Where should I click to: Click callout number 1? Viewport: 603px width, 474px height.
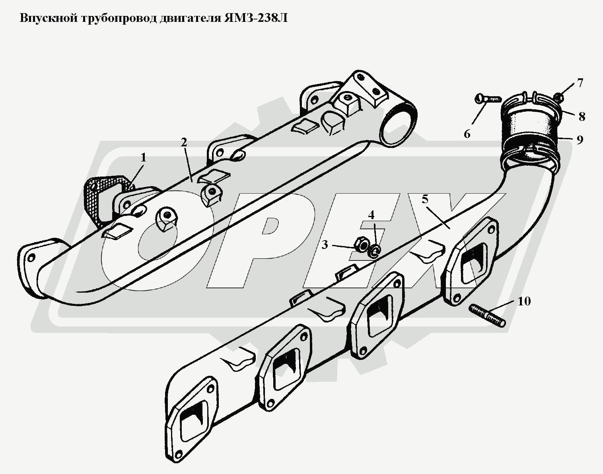[x=143, y=158]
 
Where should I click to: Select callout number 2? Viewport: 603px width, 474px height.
[x=183, y=142]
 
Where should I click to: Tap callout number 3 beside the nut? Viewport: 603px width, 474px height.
[x=325, y=245]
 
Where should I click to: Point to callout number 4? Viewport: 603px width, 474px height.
[x=371, y=215]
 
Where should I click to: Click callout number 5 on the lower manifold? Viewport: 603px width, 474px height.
[x=425, y=199]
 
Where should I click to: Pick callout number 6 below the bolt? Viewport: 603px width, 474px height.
[x=467, y=134]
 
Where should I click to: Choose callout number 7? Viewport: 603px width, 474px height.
[x=580, y=83]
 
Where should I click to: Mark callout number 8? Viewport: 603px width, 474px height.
[x=582, y=117]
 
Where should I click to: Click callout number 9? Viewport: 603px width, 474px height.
[x=580, y=140]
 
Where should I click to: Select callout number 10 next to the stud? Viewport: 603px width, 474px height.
[x=524, y=301]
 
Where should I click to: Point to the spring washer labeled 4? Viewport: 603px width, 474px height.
[x=375, y=250]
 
